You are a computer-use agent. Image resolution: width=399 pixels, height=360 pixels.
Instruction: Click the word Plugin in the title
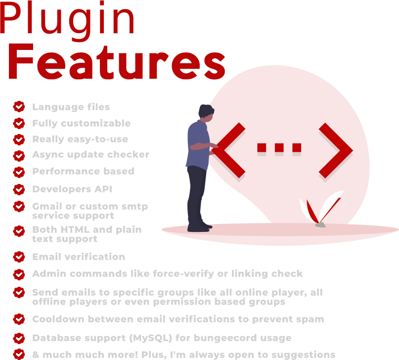pos(67,21)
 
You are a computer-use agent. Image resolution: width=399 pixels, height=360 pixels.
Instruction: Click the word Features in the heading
pos(117,62)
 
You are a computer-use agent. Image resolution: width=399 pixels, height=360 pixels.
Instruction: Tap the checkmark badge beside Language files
pos(19,107)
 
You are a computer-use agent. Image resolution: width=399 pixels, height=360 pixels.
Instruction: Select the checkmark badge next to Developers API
pos(19,189)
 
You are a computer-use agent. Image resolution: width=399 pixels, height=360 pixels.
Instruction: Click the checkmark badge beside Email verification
pos(19,257)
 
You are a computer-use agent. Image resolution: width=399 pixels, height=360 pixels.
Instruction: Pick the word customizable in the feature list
pos(96,123)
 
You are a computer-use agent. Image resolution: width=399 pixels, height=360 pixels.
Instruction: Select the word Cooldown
pos(58,319)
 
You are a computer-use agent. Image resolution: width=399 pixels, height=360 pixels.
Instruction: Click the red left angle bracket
pos(228,150)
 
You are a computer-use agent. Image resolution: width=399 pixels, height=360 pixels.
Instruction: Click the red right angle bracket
pos(336,150)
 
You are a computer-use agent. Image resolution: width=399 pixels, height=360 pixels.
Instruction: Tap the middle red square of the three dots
pos(279,147)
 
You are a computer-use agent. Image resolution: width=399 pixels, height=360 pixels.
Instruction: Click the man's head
pos(206,113)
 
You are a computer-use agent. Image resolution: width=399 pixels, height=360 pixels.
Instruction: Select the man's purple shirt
pos(198,145)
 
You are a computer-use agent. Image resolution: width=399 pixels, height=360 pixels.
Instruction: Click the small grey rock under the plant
pos(320,225)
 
